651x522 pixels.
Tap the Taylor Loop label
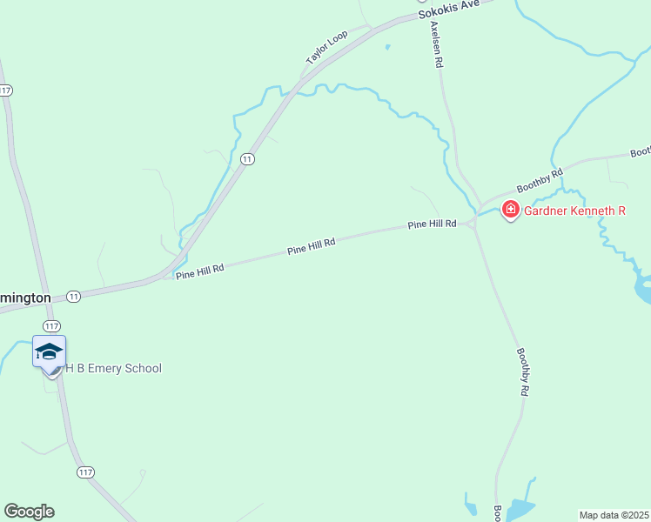point(326,47)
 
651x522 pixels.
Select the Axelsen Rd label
point(437,44)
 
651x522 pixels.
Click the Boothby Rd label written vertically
point(522,372)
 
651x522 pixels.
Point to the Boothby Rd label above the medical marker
point(540,180)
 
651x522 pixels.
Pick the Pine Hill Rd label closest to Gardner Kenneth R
point(433,224)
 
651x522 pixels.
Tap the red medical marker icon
point(510,210)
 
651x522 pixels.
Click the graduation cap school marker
point(49,351)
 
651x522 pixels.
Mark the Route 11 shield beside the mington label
point(74,296)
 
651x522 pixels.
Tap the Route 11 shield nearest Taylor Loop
point(248,159)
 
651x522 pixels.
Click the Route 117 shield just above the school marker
point(53,326)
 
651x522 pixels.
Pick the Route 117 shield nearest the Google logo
point(84,472)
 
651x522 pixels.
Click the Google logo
point(29,512)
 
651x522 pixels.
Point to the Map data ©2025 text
point(614,515)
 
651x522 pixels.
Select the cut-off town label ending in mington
point(25,298)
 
